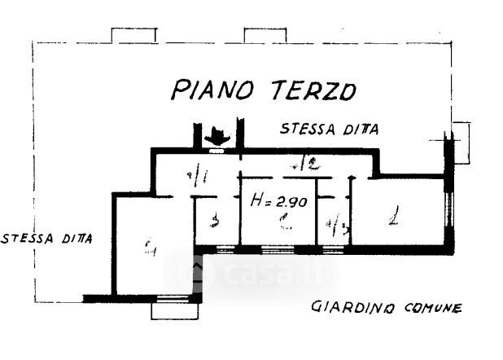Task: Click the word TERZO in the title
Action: pyautogui.click(x=310, y=89)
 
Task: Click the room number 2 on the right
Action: pyautogui.click(x=394, y=217)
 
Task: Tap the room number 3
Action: pyautogui.click(x=214, y=221)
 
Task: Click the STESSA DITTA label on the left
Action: pyautogui.click(x=46, y=239)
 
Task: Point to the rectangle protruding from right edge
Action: pyautogui.click(x=461, y=142)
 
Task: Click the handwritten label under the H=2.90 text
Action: pyautogui.click(x=282, y=221)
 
